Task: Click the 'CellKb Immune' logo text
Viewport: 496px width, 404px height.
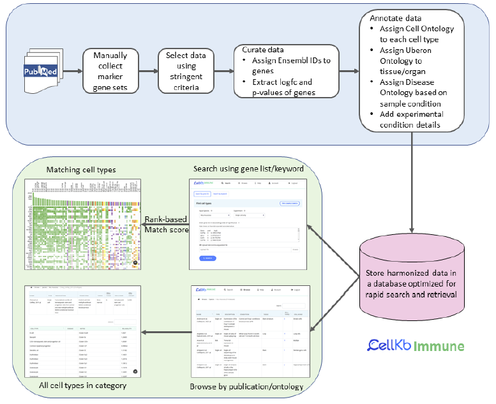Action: (416, 347)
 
